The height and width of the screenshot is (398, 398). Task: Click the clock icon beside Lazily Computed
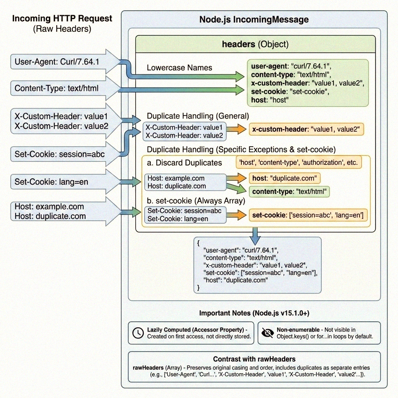coord(138,333)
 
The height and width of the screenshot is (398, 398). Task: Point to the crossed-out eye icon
coord(267,333)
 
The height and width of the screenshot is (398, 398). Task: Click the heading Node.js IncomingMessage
coord(254,19)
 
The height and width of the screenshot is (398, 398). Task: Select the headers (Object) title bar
coord(255,44)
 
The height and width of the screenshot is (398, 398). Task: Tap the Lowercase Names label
coord(179,68)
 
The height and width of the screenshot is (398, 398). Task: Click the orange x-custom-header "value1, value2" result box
coord(306,129)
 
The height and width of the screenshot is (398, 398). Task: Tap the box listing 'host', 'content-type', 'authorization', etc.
coord(298,162)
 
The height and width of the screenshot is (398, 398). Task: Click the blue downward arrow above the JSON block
coord(255,233)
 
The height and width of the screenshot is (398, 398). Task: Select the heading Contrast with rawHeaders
coord(254,359)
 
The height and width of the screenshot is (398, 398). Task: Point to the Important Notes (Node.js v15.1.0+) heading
coord(254,313)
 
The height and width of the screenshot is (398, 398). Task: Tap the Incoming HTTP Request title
coord(62,18)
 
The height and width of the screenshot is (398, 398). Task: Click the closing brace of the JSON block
coord(199,288)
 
